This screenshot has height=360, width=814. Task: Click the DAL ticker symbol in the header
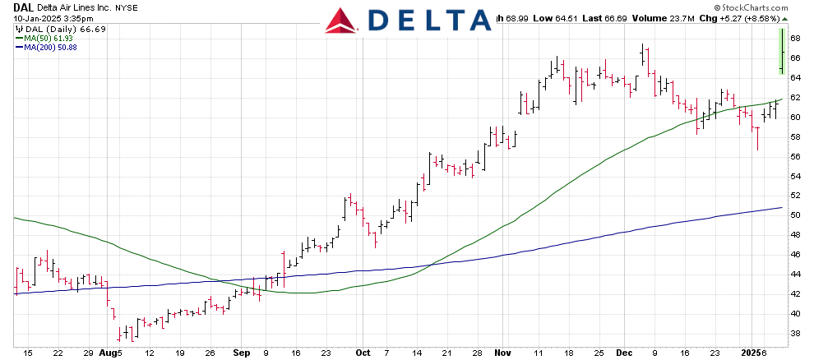[24, 6]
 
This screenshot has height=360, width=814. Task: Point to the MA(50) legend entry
[41, 38]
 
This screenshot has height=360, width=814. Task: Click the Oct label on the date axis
[363, 352]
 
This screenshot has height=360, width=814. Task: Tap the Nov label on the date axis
[501, 352]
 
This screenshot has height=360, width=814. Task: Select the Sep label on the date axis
[240, 352]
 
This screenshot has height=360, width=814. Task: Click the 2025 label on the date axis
[750, 352]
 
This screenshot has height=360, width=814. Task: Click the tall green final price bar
[779, 51]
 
